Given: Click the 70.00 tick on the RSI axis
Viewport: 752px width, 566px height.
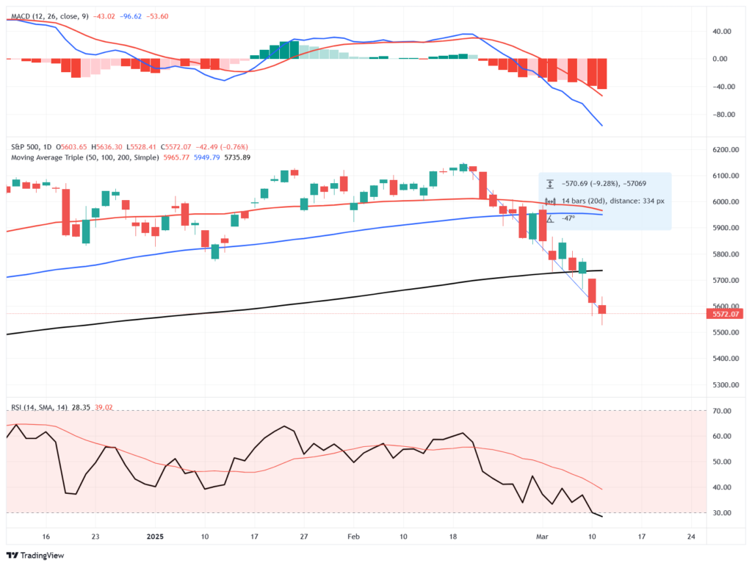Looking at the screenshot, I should [724, 411].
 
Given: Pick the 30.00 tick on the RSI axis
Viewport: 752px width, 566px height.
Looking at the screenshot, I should [724, 513].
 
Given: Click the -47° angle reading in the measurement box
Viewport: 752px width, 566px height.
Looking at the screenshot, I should [568, 219].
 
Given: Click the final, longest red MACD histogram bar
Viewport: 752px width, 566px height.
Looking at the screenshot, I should [602, 74].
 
